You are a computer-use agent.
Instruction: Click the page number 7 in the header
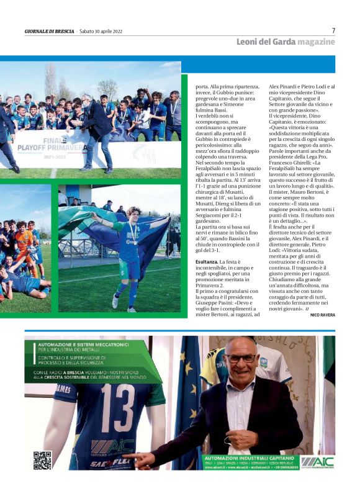pos(333,30)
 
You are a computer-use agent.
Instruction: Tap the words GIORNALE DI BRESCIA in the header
pos(49,31)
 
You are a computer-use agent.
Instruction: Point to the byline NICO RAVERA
pos(322,315)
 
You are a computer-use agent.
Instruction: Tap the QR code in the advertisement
pos(42,460)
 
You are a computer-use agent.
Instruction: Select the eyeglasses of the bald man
pos(241,358)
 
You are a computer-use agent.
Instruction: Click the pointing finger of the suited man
pos(132,460)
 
